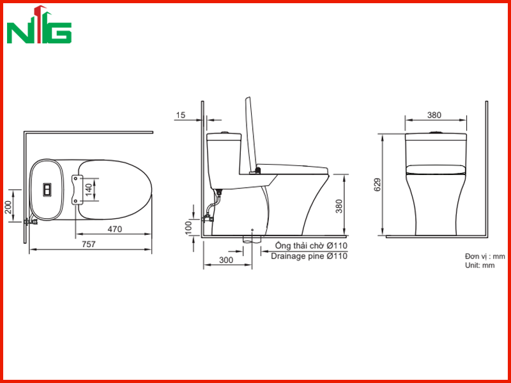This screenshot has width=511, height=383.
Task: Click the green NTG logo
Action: click(39, 25)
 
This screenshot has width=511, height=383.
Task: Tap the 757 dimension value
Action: click(89, 244)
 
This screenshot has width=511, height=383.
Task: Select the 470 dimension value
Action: click(115, 229)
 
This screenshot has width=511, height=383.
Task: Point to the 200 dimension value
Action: click(8, 207)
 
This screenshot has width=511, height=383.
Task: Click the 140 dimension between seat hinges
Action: click(89, 190)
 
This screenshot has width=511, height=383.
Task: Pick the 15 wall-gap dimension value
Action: click(181, 115)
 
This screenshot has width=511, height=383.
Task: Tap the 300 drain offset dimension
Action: click(226, 260)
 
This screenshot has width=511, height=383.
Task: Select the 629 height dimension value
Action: click(377, 184)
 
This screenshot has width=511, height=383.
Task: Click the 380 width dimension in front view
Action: click(434, 115)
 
